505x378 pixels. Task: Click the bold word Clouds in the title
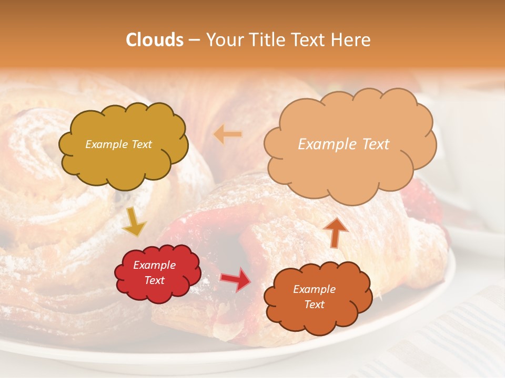point(155,40)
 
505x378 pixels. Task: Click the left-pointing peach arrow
point(228,134)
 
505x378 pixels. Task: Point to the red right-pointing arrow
point(236,279)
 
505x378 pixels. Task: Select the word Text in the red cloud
point(155,280)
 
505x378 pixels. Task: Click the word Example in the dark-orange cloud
point(314,289)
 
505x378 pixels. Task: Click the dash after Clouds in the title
point(193,40)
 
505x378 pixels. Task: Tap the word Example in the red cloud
point(155,265)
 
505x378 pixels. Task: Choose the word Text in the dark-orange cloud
point(314,304)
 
